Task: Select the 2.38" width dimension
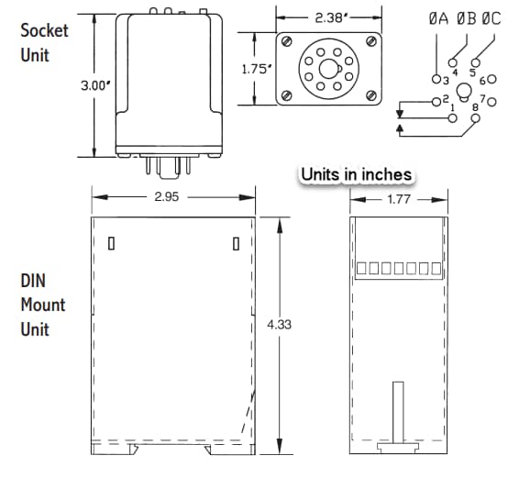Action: click(329, 17)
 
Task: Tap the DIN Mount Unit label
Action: click(43, 305)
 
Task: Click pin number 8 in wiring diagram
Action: click(475, 109)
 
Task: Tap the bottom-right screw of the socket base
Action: click(370, 94)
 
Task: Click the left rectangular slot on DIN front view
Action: click(111, 244)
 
